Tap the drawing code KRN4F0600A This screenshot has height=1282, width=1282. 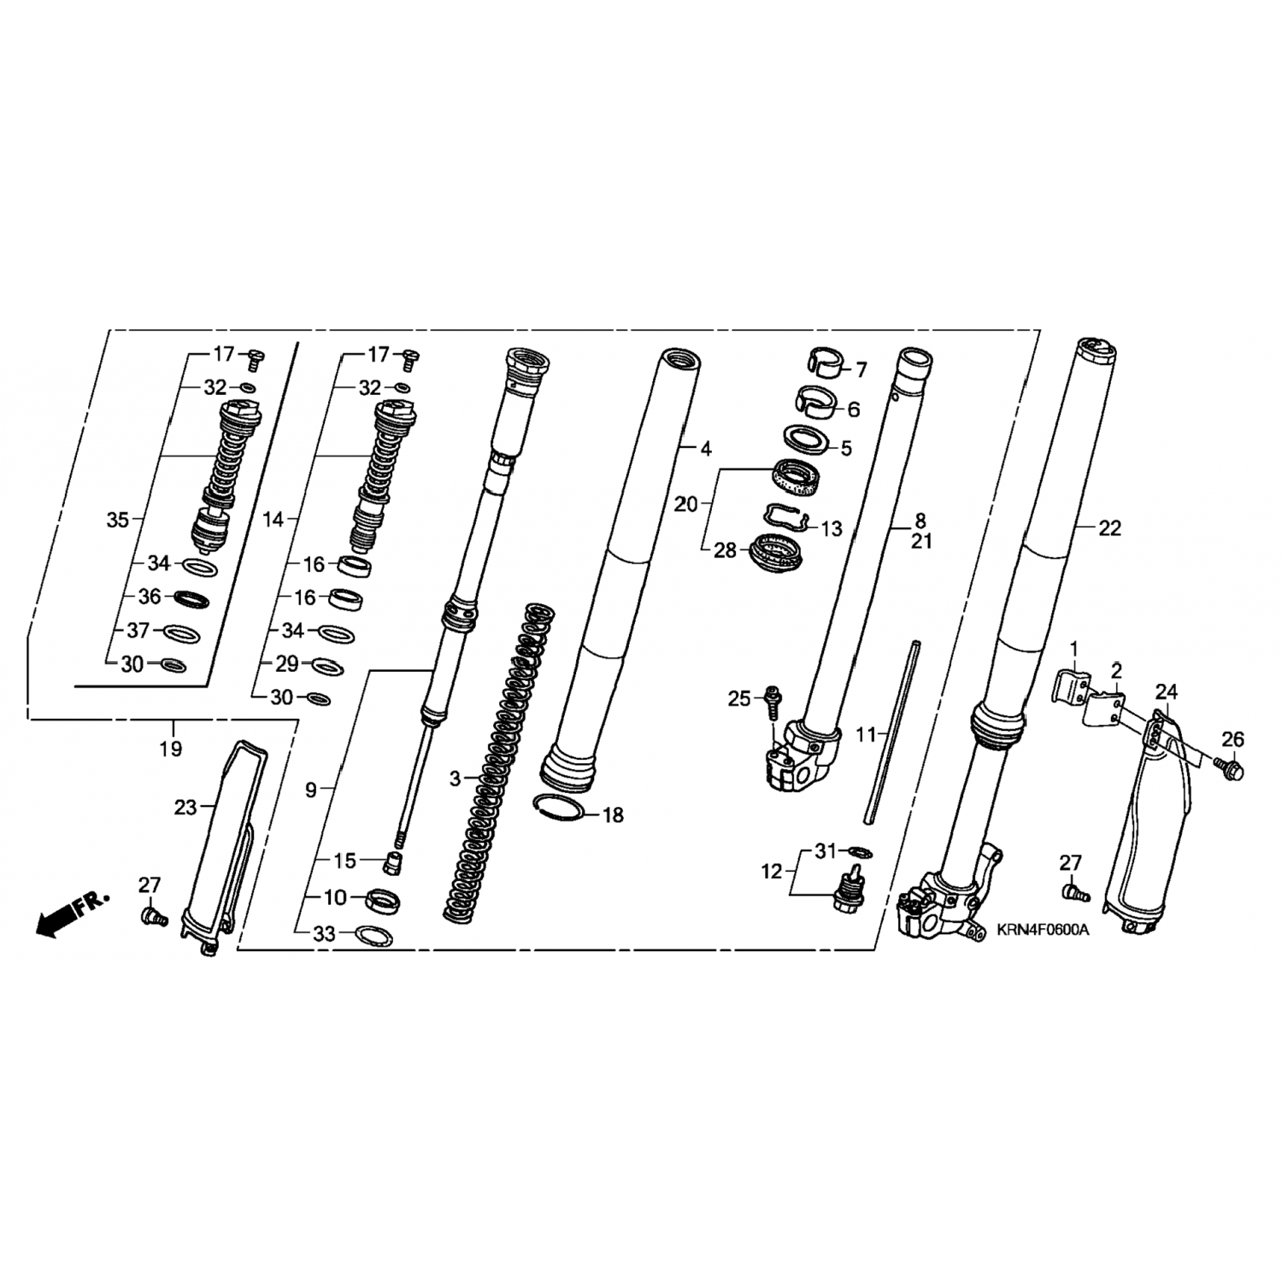[1043, 931]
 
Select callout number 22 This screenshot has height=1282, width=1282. [1109, 529]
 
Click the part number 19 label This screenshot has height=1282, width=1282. [171, 749]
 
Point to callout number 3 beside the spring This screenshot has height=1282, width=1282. [456, 779]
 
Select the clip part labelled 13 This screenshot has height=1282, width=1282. [785, 515]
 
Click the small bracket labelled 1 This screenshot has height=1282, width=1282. [1074, 686]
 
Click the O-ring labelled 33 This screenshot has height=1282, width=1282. [373, 935]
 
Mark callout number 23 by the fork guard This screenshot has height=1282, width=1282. [185, 807]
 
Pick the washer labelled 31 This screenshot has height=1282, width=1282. [858, 851]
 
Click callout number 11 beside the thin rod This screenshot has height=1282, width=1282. [867, 734]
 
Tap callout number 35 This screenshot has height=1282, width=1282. [119, 520]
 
